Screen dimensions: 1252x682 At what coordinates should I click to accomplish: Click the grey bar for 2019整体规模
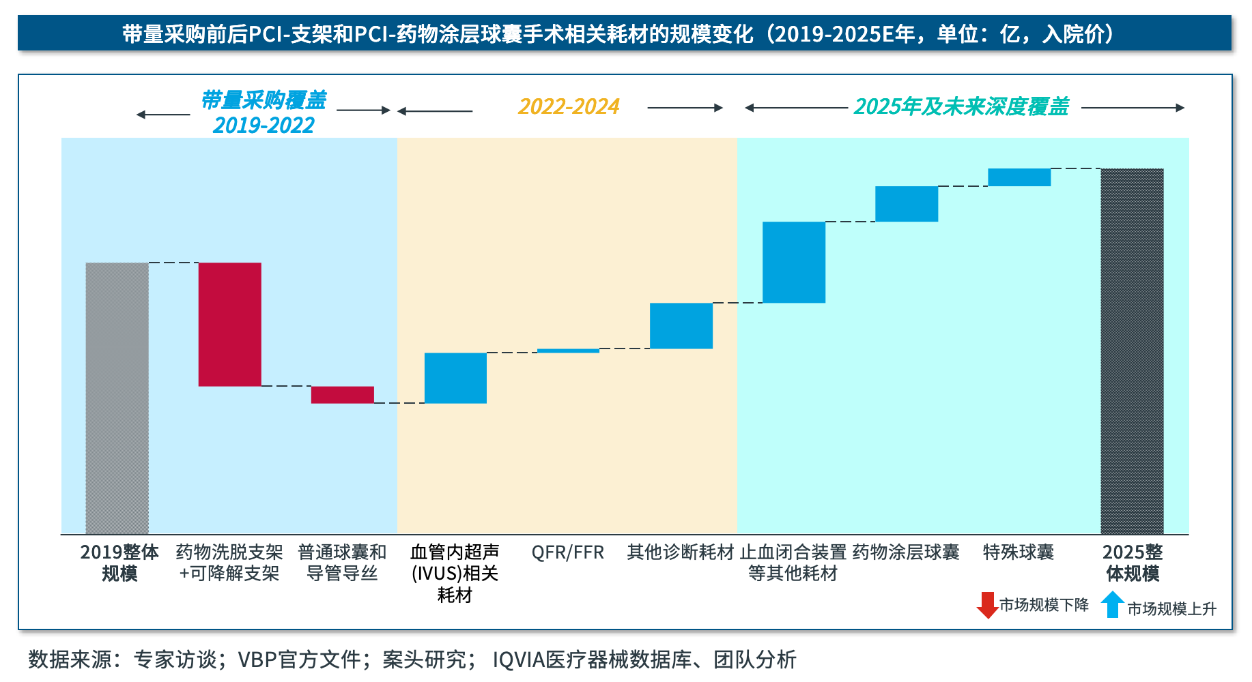coord(117,398)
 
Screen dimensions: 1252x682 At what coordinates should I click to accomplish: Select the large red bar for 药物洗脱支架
coord(229,325)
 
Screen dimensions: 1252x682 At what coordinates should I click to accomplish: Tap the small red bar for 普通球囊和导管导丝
coord(342,395)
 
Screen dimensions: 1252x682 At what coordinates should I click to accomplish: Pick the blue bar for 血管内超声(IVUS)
coord(455,378)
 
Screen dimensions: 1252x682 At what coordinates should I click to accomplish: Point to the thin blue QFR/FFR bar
coord(568,351)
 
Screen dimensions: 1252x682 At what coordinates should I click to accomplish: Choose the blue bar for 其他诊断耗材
coord(681,326)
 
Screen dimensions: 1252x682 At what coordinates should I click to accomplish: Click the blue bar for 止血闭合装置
coord(794,262)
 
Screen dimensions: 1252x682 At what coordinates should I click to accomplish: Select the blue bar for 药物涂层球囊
coord(907,204)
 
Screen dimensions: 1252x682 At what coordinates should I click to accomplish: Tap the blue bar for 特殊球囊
coord(1019,177)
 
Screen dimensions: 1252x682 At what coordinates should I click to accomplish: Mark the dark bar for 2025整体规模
coord(1132,351)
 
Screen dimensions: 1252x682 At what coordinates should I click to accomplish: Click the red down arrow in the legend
coord(987,605)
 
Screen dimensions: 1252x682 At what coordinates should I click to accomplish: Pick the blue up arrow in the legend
coord(1113,604)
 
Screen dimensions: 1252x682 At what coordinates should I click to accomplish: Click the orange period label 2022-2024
coord(569,107)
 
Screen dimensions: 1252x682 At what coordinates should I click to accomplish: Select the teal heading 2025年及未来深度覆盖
coord(961,107)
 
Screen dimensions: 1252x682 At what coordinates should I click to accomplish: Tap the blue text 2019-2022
coord(264,125)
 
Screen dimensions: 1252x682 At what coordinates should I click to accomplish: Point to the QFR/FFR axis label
coord(568,552)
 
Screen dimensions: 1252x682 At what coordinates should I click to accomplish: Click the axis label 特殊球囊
coord(1019,552)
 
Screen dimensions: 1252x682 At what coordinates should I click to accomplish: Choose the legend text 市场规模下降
coord(1044,605)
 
